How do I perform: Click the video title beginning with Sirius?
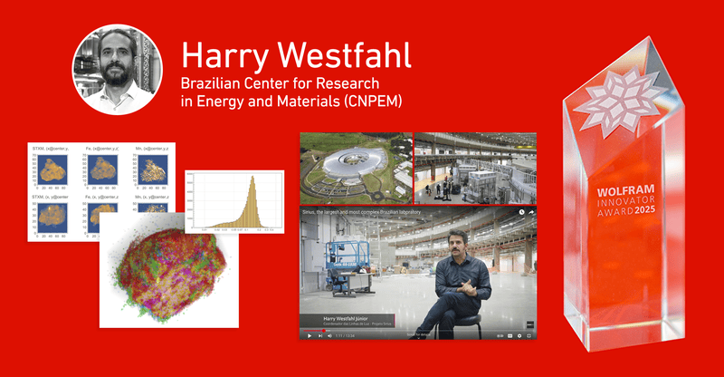click(x=371, y=211)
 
